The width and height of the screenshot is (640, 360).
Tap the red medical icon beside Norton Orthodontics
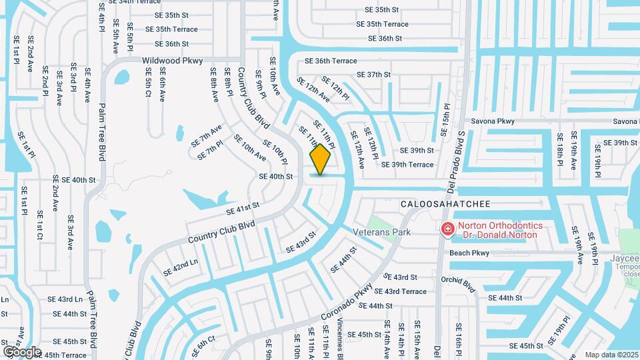coord(448,230)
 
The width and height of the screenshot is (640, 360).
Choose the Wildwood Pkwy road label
coord(172,60)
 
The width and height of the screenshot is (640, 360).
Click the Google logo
coord(22,351)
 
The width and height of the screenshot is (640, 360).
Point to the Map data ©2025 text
coord(611,355)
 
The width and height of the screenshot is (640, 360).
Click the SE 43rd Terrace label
coord(400,291)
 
